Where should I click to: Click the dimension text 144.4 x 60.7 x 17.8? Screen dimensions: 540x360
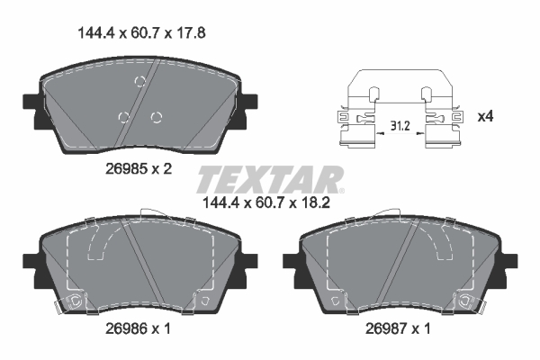click(x=142, y=33)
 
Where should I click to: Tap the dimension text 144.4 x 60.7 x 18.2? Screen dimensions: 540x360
click(x=266, y=202)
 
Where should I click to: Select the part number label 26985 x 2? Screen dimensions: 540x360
click(x=139, y=169)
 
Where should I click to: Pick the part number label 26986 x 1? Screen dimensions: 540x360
click(x=138, y=329)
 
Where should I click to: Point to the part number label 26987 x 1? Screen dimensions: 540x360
click(x=398, y=329)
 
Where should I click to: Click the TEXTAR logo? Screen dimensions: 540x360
click(x=270, y=179)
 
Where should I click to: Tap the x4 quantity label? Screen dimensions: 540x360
click(x=485, y=116)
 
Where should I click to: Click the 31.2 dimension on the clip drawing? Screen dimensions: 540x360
click(x=400, y=126)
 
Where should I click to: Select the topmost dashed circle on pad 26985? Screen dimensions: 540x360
click(x=140, y=82)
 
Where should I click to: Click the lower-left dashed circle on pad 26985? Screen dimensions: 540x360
click(x=123, y=118)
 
